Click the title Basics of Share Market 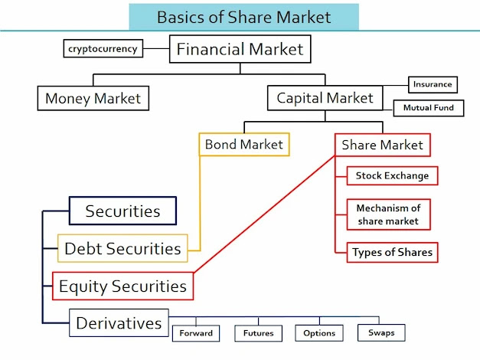tap(243, 16)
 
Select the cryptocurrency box tap(103, 49)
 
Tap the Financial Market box tap(240, 51)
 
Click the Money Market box tap(93, 98)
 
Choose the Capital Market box tap(325, 98)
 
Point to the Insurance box tap(433, 84)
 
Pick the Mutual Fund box tap(428, 108)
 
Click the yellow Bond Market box tap(243, 144)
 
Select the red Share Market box tap(382, 145)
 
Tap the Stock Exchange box tap(392, 175)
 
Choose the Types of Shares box tap(392, 252)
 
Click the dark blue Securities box tap(122, 211)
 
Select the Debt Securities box tap(122, 248)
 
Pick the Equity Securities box tap(122, 286)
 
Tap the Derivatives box tap(119, 323)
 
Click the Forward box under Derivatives tap(196, 333)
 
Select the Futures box tap(258, 333)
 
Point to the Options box tap(320, 333)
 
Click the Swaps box tap(381, 332)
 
